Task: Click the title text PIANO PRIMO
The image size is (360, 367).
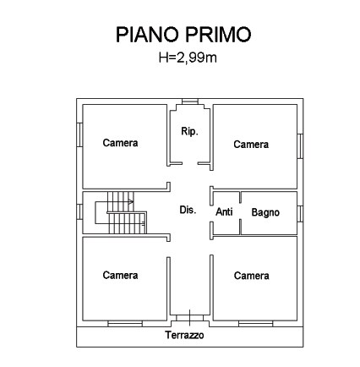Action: pos(183,35)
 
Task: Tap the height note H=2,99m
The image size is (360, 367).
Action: pos(188,58)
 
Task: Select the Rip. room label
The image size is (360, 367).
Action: pos(189,131)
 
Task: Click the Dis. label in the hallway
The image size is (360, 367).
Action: pos(188,210)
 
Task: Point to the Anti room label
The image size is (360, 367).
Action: pos(224,211)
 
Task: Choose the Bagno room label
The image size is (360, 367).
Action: pos(265,212)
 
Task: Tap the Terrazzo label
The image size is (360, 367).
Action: pos(184,335)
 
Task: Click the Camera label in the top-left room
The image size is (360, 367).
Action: pos(120,143)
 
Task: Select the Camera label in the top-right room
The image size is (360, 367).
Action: pos(251,145)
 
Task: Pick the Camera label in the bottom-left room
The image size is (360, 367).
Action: pos(120,276)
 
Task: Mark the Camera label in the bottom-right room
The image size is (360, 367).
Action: pos(251,276)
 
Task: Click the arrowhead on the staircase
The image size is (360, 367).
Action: pos(131,201)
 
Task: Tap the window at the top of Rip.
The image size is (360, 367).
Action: pos(190,101)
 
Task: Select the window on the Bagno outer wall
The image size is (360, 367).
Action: pos(300,214)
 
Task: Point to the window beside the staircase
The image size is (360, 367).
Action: pos(79,211)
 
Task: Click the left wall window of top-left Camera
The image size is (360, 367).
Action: pos(79,134)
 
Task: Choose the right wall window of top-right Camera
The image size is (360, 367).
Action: pos(300,146)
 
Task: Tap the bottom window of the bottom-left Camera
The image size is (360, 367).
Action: pos(125,324)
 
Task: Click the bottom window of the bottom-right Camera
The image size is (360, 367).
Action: pos(256,324)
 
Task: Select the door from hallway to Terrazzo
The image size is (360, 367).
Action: pos(190,318)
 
